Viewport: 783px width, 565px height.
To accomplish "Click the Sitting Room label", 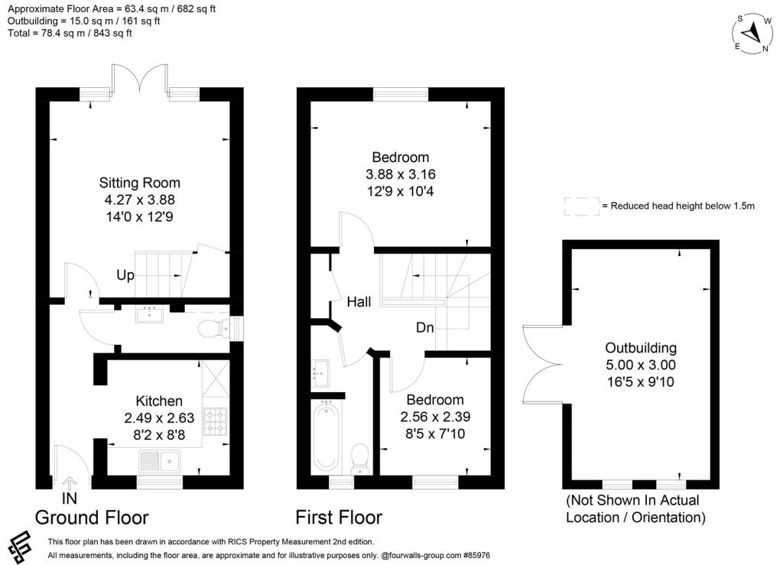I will [140, 183].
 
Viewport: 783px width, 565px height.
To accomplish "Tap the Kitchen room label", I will [159, 401].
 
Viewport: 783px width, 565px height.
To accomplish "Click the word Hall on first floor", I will [359, 302].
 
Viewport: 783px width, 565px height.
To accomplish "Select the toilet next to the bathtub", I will [358, 459].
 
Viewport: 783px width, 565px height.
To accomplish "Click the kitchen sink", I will [158, 461].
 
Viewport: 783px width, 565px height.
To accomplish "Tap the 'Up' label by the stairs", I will [126, 274].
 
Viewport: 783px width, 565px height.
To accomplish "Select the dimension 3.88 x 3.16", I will [401, 174].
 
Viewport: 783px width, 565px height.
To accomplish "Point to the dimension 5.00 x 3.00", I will [640, 365].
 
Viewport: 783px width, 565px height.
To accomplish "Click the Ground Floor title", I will [92, 518].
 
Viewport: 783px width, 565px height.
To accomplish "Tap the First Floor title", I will [340, 518].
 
